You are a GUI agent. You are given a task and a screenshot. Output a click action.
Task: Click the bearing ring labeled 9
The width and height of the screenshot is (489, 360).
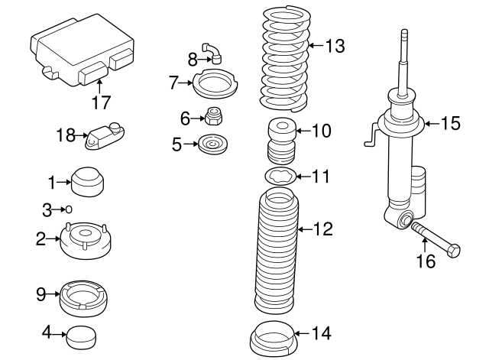[86, 296]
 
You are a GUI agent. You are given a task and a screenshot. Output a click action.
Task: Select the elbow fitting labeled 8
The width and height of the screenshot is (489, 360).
[215, 53]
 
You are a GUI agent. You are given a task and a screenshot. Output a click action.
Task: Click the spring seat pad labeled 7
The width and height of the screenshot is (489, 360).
[212, 83]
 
